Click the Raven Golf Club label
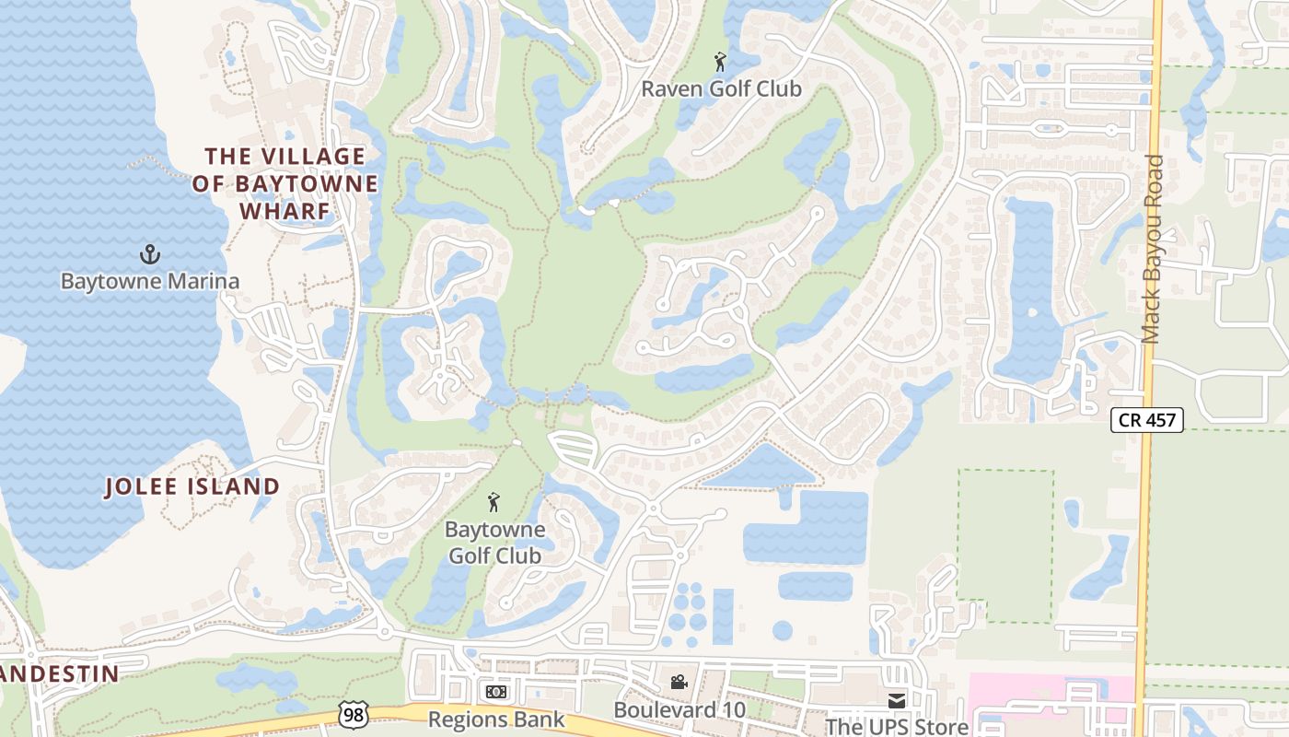(721, 89)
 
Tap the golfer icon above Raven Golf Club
(720, 63)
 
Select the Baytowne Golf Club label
(494, 543)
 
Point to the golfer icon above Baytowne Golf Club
(494, 503)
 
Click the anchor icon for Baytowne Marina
(149, 254)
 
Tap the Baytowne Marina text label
(150, 281)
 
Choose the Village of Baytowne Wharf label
(285, 183)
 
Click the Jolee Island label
(192, 486)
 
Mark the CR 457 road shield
(1146, 420)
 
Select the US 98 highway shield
(353, 712)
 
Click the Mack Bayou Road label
(1152, 250)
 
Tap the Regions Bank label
(496, 719)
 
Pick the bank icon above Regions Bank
(495, 691)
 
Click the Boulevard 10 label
(680, 710)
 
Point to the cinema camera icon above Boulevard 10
(679, 683)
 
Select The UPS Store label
(897, 727)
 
